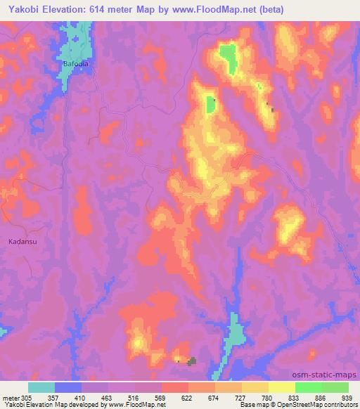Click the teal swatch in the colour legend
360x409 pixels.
point(41,387)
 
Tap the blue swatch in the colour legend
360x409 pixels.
point(68,387)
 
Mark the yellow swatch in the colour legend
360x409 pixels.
point(282,387)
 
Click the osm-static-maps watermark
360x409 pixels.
point(329,374)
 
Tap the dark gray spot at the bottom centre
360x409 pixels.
point(191,361)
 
